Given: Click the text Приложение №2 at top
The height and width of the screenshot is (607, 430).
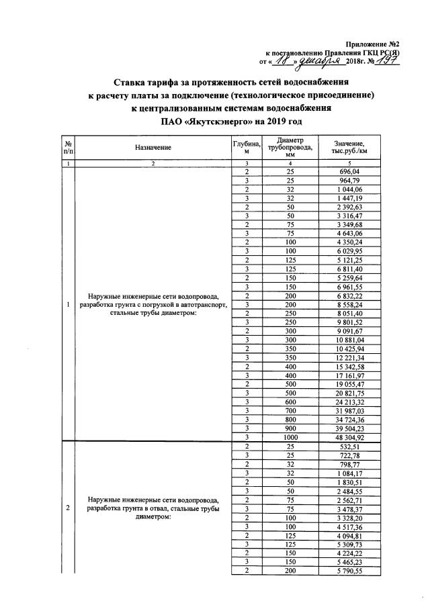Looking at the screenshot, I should [x=372, y=42].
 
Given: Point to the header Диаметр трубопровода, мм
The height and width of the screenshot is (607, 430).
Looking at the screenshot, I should [x=290, y=146].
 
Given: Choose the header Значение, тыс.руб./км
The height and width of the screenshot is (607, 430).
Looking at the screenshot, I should [x=353, y=146].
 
